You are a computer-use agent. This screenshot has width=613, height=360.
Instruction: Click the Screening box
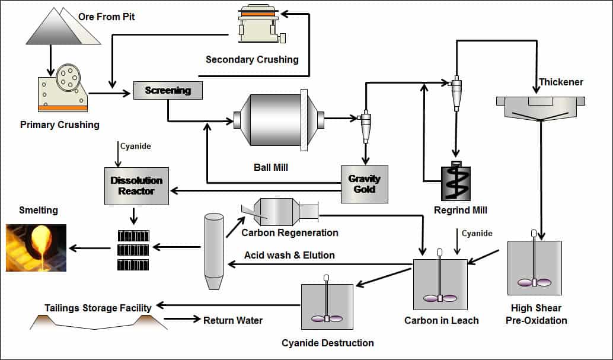pos(168,90)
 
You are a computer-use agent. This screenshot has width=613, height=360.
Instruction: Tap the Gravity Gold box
pos(364,184)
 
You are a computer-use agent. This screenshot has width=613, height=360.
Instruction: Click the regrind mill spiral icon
pos(454,182)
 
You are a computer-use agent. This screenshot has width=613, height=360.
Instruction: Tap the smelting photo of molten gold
pos(36,247)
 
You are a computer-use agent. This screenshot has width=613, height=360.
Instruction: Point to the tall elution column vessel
pos(213,252)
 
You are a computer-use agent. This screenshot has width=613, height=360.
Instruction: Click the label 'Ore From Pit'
pos(107,17)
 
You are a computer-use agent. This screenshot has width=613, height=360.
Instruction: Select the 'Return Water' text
pos(232,320)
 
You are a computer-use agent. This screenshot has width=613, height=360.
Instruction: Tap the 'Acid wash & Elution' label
pos(289,255)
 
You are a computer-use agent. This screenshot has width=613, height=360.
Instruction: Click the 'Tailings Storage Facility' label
pos(98,308)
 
